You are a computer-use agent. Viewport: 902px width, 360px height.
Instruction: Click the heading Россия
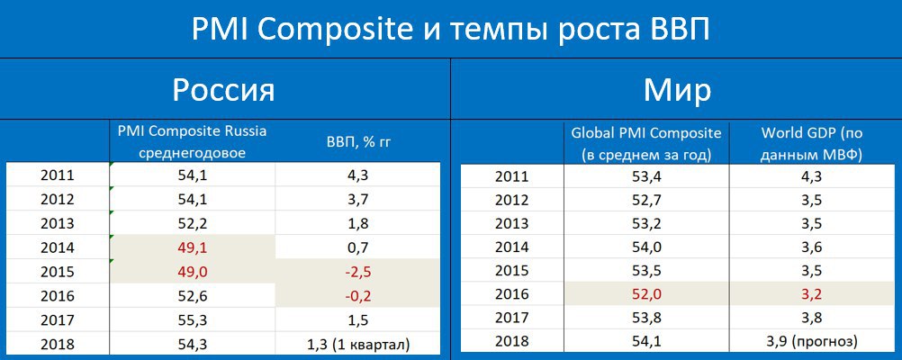pos(224,90)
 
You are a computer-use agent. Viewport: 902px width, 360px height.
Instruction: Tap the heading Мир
pos(677,90)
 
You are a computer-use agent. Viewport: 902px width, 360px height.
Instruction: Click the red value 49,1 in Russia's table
pos(192,247)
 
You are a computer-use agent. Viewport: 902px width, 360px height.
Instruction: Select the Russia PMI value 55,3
pos(192,320)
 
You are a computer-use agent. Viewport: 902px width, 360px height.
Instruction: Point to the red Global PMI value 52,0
pos(646,294)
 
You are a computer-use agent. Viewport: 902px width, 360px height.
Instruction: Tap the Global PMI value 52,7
pos(646,200)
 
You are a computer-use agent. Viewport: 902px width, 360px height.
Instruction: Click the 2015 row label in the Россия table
pos(58,272)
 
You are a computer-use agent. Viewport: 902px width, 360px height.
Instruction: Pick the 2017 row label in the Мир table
pos(512,318)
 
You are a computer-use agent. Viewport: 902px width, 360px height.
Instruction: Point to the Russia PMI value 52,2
pos(192,223)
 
